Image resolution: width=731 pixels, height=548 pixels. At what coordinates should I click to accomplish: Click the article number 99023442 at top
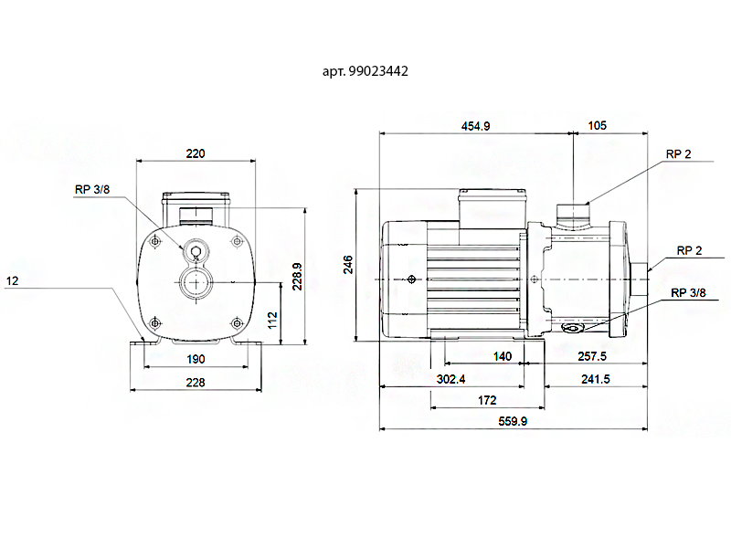(x=378, y=71)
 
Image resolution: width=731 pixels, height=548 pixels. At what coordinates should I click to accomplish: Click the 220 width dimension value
(x=196, y=153)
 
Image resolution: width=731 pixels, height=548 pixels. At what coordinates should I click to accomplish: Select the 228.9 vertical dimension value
(x=297, y=277)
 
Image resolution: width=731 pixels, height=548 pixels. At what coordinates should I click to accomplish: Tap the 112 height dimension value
(x=272, y=321)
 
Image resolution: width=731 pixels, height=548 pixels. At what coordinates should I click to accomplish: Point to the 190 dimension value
(x=196, y=359)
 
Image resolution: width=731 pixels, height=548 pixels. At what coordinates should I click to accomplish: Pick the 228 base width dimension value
(x=196, y=383)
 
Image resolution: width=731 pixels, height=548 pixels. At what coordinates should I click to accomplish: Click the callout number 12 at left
(x=12, y=281)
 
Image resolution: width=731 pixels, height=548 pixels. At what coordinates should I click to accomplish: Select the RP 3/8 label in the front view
(x=92, y=190)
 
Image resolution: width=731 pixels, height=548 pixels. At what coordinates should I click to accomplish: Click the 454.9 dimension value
(x=475, y=126)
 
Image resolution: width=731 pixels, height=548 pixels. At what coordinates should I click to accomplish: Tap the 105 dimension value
(x=598, y=126)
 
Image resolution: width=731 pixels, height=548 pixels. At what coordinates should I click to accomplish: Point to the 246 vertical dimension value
(x=348, y=265)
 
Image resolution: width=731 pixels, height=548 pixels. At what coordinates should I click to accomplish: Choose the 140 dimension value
(x=502, y=356)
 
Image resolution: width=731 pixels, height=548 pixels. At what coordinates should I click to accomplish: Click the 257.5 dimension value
(x=592, y=356)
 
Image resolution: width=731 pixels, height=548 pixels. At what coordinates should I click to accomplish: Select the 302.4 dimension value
(x=450, y=379)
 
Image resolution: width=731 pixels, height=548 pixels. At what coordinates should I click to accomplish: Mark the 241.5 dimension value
(x=596, y=379)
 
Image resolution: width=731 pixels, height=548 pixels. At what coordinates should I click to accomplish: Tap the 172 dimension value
(x=487, y=400)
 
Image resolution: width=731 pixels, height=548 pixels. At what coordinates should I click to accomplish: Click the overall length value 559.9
(x=513, y=421)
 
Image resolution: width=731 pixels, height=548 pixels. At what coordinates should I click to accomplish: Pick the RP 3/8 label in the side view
(x=688, y=292)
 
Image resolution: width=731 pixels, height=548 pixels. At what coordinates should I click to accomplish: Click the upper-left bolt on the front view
(x=155, y=241)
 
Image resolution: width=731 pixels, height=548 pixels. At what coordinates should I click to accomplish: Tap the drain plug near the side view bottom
(x=572, y=329)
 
